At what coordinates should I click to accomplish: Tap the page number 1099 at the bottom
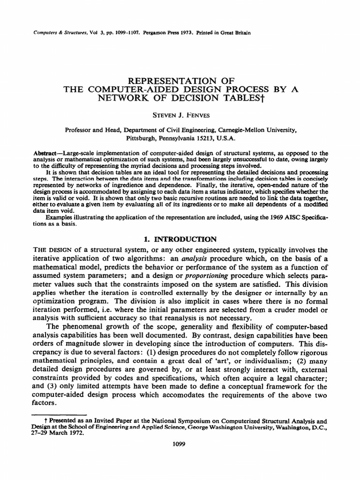(x=180, y=444)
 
